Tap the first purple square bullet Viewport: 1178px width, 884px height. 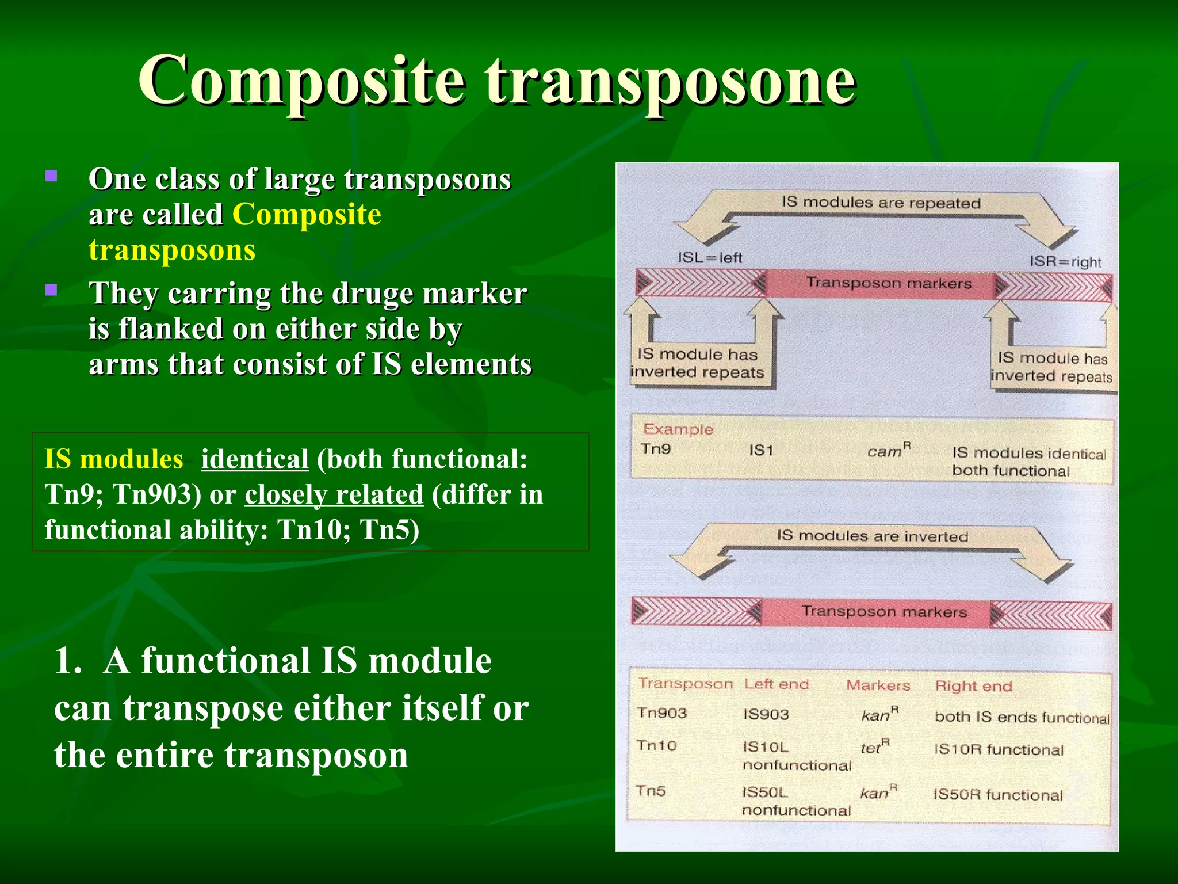click(x=51, y=176)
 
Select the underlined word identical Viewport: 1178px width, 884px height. click(x=254, y=459)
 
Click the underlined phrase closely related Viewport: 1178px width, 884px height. click(x=334, y=495)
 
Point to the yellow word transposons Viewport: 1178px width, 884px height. click(x=171, y=250)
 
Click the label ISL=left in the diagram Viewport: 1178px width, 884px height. click(x=709, y=257)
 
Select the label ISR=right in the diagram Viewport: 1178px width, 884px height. click(x=1065, y=261)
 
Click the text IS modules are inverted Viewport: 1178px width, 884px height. click(x=872, y=536)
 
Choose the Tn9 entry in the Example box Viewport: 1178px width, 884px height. click(x=656, y=448)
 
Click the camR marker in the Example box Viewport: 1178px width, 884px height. click(x=889, y=450)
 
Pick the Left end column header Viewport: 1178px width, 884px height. click(x=776, y=684)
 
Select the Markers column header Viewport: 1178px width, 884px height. click(x=878, y=685)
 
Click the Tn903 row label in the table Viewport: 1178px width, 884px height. click(x=661, y=713)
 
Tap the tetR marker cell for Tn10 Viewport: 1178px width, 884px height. click(x=874, y=746)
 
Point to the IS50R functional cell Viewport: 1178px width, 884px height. click(x=997, y=795)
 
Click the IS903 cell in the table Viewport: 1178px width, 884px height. click(x=766, y=714)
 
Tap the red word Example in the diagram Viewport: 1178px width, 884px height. click(x=678, y=429)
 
